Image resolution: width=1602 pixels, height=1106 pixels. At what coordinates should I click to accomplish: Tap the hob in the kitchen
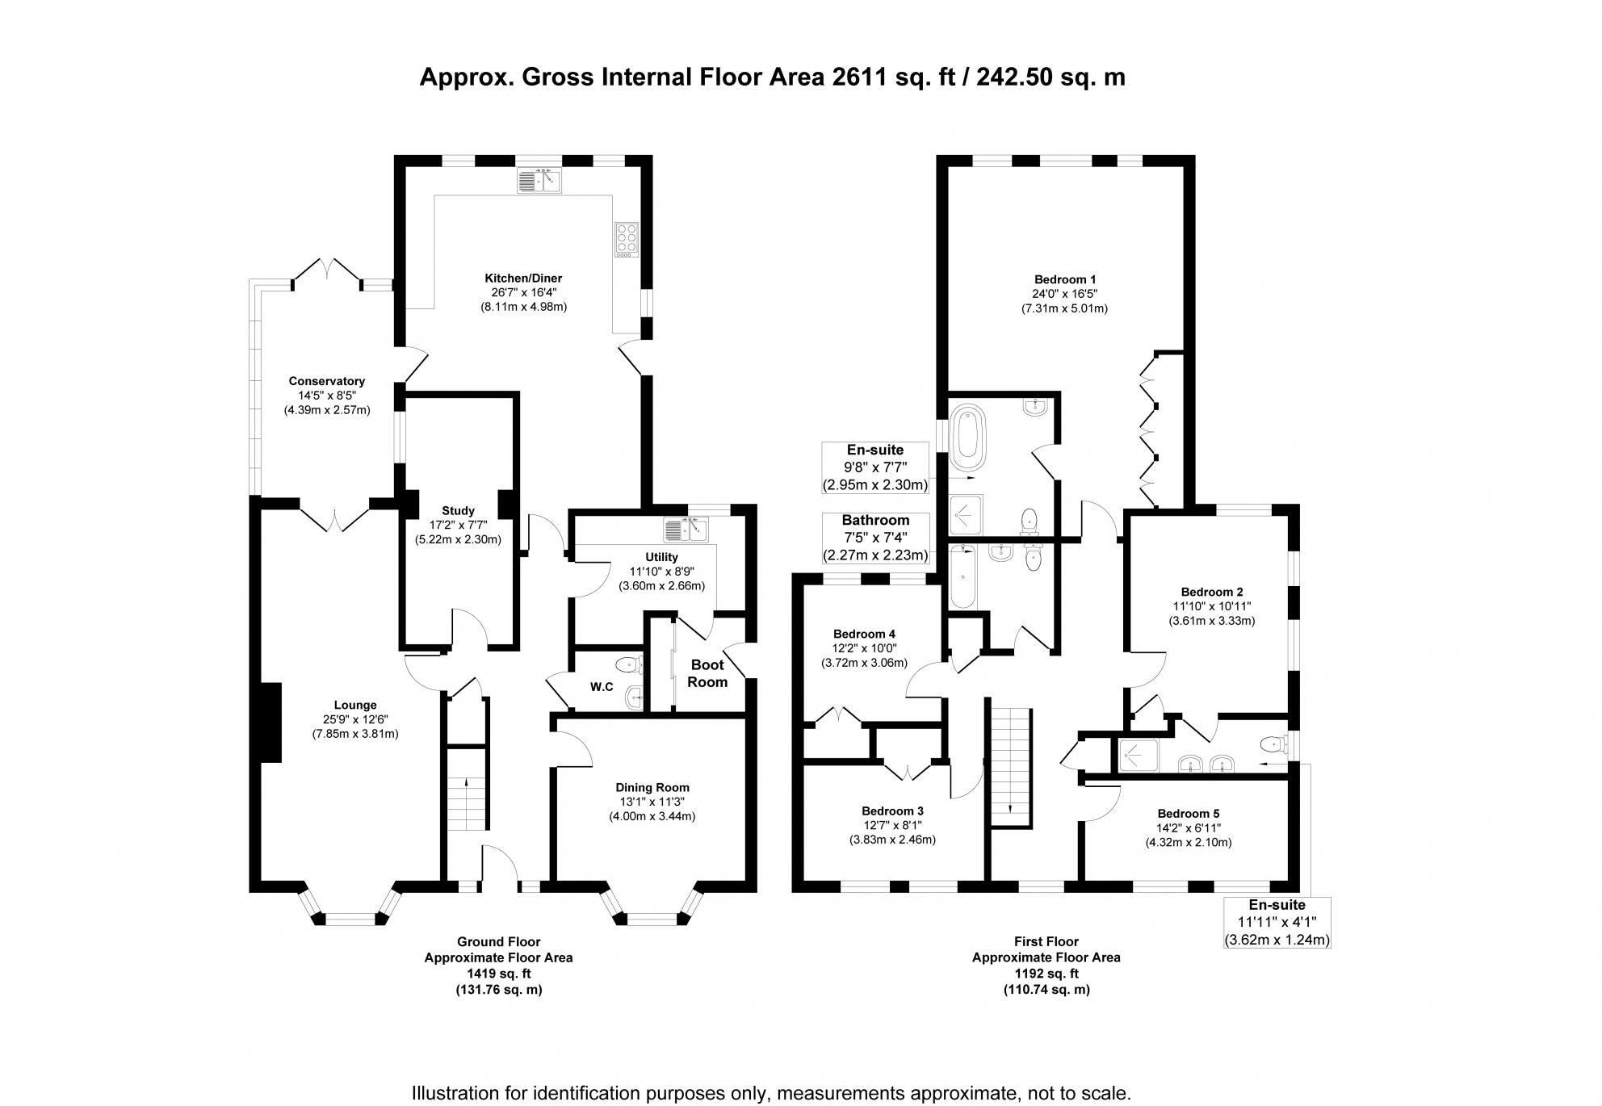[x=626, y=240]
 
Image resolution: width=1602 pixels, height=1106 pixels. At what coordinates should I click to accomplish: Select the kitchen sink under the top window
[x=539, y=181]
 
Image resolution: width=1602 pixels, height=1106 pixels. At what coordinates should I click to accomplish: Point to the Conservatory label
[x=326, y=381]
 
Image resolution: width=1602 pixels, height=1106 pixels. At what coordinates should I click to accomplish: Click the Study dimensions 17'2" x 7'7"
[x=458, y=525]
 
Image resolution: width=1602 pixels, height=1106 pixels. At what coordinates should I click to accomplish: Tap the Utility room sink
[x=686, y=530]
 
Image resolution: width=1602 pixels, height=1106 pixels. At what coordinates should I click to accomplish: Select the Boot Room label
[x=707, y=673]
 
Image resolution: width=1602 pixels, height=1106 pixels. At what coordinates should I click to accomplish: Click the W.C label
[x=601, y=687]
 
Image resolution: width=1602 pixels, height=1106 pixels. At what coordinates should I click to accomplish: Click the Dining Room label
[x=652, y=787]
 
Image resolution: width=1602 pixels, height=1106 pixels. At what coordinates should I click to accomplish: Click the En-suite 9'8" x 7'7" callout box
[x=874, y=467]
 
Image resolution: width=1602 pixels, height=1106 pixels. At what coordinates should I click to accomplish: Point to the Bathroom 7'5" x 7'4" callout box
[x=874, y=538]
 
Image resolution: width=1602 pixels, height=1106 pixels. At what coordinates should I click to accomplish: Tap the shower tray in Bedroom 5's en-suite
[x=1138, y=755]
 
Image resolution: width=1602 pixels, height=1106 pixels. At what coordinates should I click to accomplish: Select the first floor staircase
[x=1010, y=767]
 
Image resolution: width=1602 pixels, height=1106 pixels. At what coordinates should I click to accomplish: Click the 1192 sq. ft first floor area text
[x=1046, y=973]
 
